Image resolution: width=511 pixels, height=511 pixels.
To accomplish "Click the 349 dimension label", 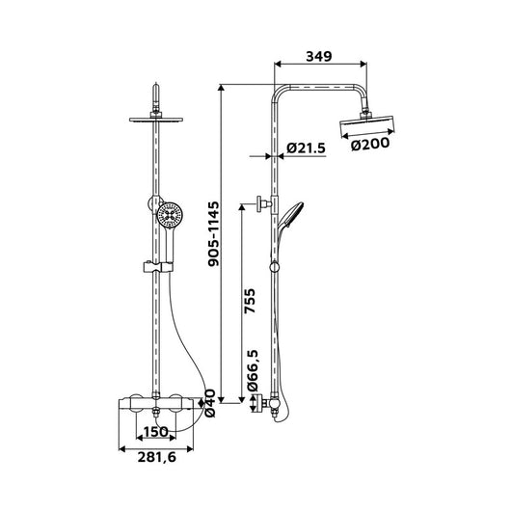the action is click(x=319, y=56).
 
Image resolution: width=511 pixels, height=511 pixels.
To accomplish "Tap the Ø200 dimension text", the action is click(x=370, y=144).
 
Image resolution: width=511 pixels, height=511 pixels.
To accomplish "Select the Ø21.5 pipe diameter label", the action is click(x=306, y=148).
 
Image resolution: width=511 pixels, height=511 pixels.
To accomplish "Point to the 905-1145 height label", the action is click(x=214, y=234).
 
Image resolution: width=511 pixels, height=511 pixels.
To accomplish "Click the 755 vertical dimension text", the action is click(x=250, y=301).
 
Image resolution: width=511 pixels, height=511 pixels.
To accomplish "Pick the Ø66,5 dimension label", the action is click(x=253, y=370).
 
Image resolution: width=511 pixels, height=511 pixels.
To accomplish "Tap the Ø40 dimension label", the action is click(x=210, y=403).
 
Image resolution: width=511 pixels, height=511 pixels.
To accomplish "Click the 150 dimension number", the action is click(x=156, y=432).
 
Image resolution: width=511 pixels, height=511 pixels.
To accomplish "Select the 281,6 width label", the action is click(x=157, y=457).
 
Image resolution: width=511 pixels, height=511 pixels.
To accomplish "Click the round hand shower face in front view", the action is click(x=169, y=215).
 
